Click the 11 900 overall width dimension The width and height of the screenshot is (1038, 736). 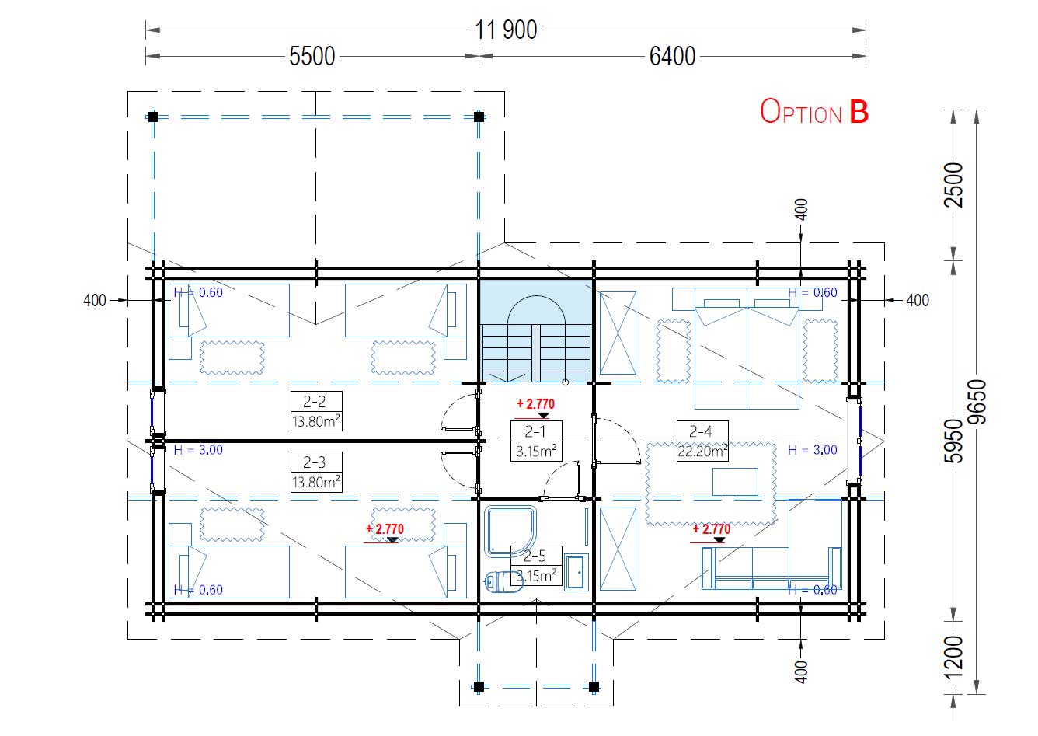506,30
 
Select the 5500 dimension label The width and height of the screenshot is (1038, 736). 312,57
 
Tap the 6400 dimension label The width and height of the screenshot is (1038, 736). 672,57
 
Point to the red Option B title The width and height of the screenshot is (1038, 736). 814,112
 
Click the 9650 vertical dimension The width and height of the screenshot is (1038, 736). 977,402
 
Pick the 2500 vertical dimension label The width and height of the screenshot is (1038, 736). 953,185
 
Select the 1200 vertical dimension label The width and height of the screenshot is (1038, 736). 953,658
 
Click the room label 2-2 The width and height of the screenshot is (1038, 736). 315,401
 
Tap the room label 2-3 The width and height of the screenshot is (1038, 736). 315,462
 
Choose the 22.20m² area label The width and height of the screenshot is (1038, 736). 702,451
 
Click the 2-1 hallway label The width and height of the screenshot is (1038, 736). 535,431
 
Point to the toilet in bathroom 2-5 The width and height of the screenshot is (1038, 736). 503,582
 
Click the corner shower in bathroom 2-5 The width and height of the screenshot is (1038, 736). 510,531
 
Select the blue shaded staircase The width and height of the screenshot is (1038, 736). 536,330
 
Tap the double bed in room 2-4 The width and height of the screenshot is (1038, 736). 747,348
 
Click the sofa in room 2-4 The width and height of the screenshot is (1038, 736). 772,568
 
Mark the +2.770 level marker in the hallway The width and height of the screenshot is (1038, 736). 535,407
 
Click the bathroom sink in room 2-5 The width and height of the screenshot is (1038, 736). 576,572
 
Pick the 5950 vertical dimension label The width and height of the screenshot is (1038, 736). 953,441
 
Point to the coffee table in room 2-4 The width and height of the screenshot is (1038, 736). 736,482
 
